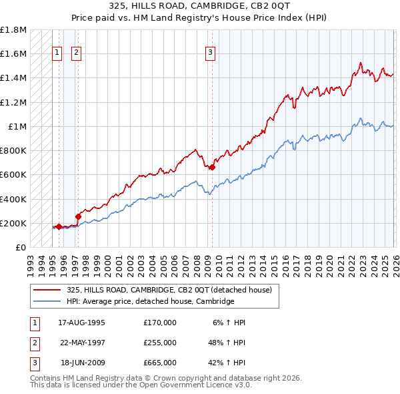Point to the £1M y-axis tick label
17,127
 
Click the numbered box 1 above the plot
57,53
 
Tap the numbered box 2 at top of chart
76,53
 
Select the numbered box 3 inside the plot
210,53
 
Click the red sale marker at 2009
212,168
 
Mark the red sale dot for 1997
78,216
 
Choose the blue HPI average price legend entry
150,302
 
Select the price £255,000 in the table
159,343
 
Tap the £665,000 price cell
159,363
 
